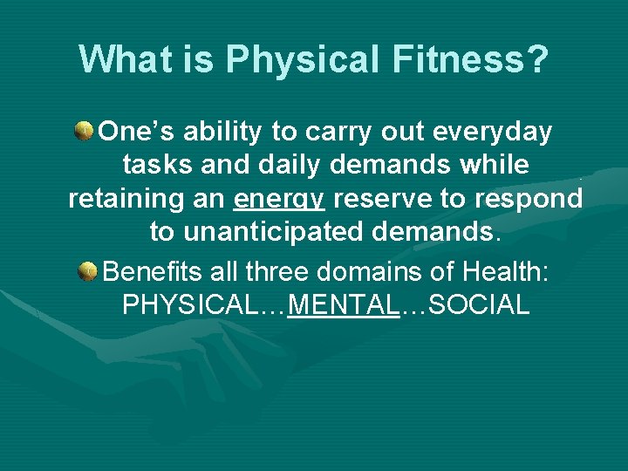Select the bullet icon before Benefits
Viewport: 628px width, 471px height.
coord(88,272)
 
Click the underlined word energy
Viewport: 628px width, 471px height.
coord(279,200)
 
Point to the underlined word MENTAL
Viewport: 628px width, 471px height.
coord(342,305)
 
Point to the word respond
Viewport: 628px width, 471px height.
coord(529,199)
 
